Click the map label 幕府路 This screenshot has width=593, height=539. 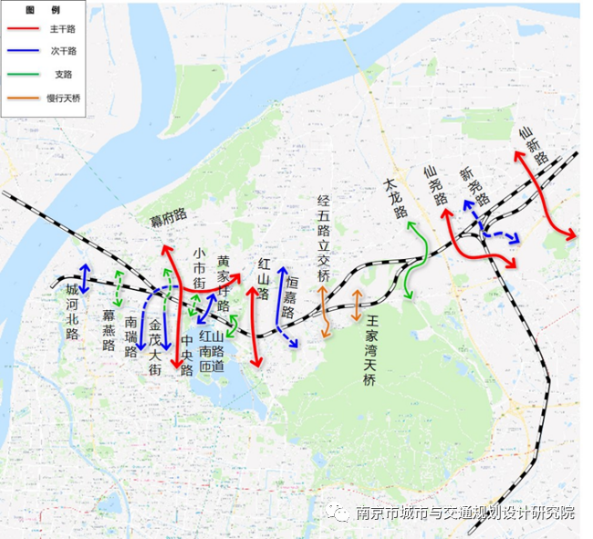[x=169, y=216]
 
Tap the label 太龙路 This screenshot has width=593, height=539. [x=393, y=199]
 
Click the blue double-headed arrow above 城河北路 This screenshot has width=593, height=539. [x=84, y=277]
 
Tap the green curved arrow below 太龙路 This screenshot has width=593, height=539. [x=416, y=260]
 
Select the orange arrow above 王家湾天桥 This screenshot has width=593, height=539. [x=356, y=305]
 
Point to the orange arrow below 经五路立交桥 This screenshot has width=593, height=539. [x=324, y=311]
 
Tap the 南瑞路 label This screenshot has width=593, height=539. [x=132, y=335]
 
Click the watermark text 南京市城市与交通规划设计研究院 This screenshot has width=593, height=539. [x=464, y=513]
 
